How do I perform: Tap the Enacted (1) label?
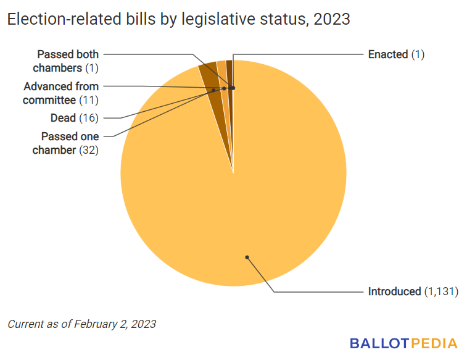coord(396,54)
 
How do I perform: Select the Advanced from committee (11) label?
coord(61,93)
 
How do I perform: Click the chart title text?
coord(179,19)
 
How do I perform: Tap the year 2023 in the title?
coord(332,19)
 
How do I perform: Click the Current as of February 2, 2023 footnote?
coord(82,324)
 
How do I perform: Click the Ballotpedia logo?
coord(403,343)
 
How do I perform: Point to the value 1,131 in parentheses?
coord(441,291)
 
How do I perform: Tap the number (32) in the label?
coord(89,150)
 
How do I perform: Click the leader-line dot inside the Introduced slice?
coord(247,257)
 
